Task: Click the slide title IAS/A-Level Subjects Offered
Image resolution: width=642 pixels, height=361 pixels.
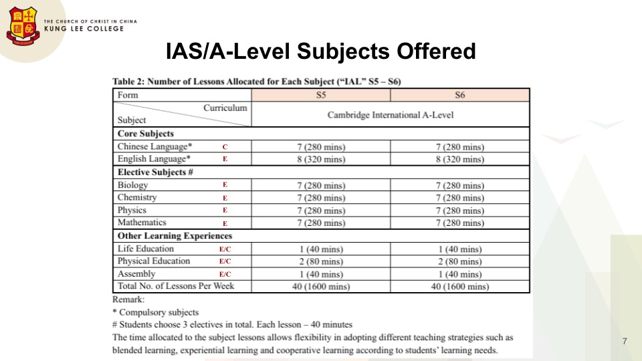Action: [321, 51]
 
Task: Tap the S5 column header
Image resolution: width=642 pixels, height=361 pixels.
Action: [320, 95]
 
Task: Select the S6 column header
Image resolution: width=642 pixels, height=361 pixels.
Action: [459, 95]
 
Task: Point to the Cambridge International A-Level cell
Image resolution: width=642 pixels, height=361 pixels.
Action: [390, 115]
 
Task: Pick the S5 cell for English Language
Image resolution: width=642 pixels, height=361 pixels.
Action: [320, 159]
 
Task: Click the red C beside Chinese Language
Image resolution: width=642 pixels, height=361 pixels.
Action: [225, 147]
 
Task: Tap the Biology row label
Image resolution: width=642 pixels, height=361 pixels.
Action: [133, 185]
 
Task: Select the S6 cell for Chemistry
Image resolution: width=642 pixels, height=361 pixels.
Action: [459, 198]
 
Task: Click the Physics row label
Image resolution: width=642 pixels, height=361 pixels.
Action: [132, 210]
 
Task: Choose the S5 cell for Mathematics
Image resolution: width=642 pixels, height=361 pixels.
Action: [320, 223]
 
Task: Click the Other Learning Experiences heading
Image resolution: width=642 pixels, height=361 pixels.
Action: [175, 236]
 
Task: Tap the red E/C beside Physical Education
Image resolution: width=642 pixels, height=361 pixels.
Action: [225, 262]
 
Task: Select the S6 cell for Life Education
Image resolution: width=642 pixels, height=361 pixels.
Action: [459, 249]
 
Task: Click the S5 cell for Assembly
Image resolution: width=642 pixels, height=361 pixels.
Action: [320, 274]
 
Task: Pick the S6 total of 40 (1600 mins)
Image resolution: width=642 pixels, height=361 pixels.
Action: [459, 287]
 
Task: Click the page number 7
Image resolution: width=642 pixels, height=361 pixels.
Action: [624, 342]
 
